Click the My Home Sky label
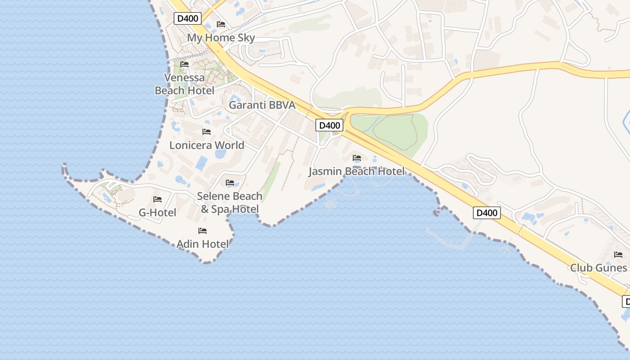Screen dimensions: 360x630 click(221, 38)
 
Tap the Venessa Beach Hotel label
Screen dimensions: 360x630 click(184, 84)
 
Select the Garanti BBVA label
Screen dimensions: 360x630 click(262, 105)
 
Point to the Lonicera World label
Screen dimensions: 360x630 click(207, 145)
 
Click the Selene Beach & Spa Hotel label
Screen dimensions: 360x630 click(230, 202)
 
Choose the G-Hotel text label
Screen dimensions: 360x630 click(157, 212)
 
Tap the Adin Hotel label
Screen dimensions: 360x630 click(202, 244)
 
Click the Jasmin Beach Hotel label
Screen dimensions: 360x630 click(357, 171)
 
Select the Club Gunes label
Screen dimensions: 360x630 click(598, 268)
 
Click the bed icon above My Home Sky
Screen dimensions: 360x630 click(221, 24)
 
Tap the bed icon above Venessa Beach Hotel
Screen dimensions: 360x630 click(184, 64)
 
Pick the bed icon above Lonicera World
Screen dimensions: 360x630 click(207, 132)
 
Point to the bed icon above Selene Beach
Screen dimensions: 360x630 click(230, 183)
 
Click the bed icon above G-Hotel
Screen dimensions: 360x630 click(157, 199)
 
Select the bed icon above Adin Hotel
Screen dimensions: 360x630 click(202, 231)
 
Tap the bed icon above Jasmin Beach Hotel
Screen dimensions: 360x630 click(357, 158)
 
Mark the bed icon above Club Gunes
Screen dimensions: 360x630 click(618, 255)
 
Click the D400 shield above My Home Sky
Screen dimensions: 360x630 click(188, 18)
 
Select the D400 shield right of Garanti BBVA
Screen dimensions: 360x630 click(329, 125)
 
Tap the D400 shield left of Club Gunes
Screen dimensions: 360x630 click(487, 213)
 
